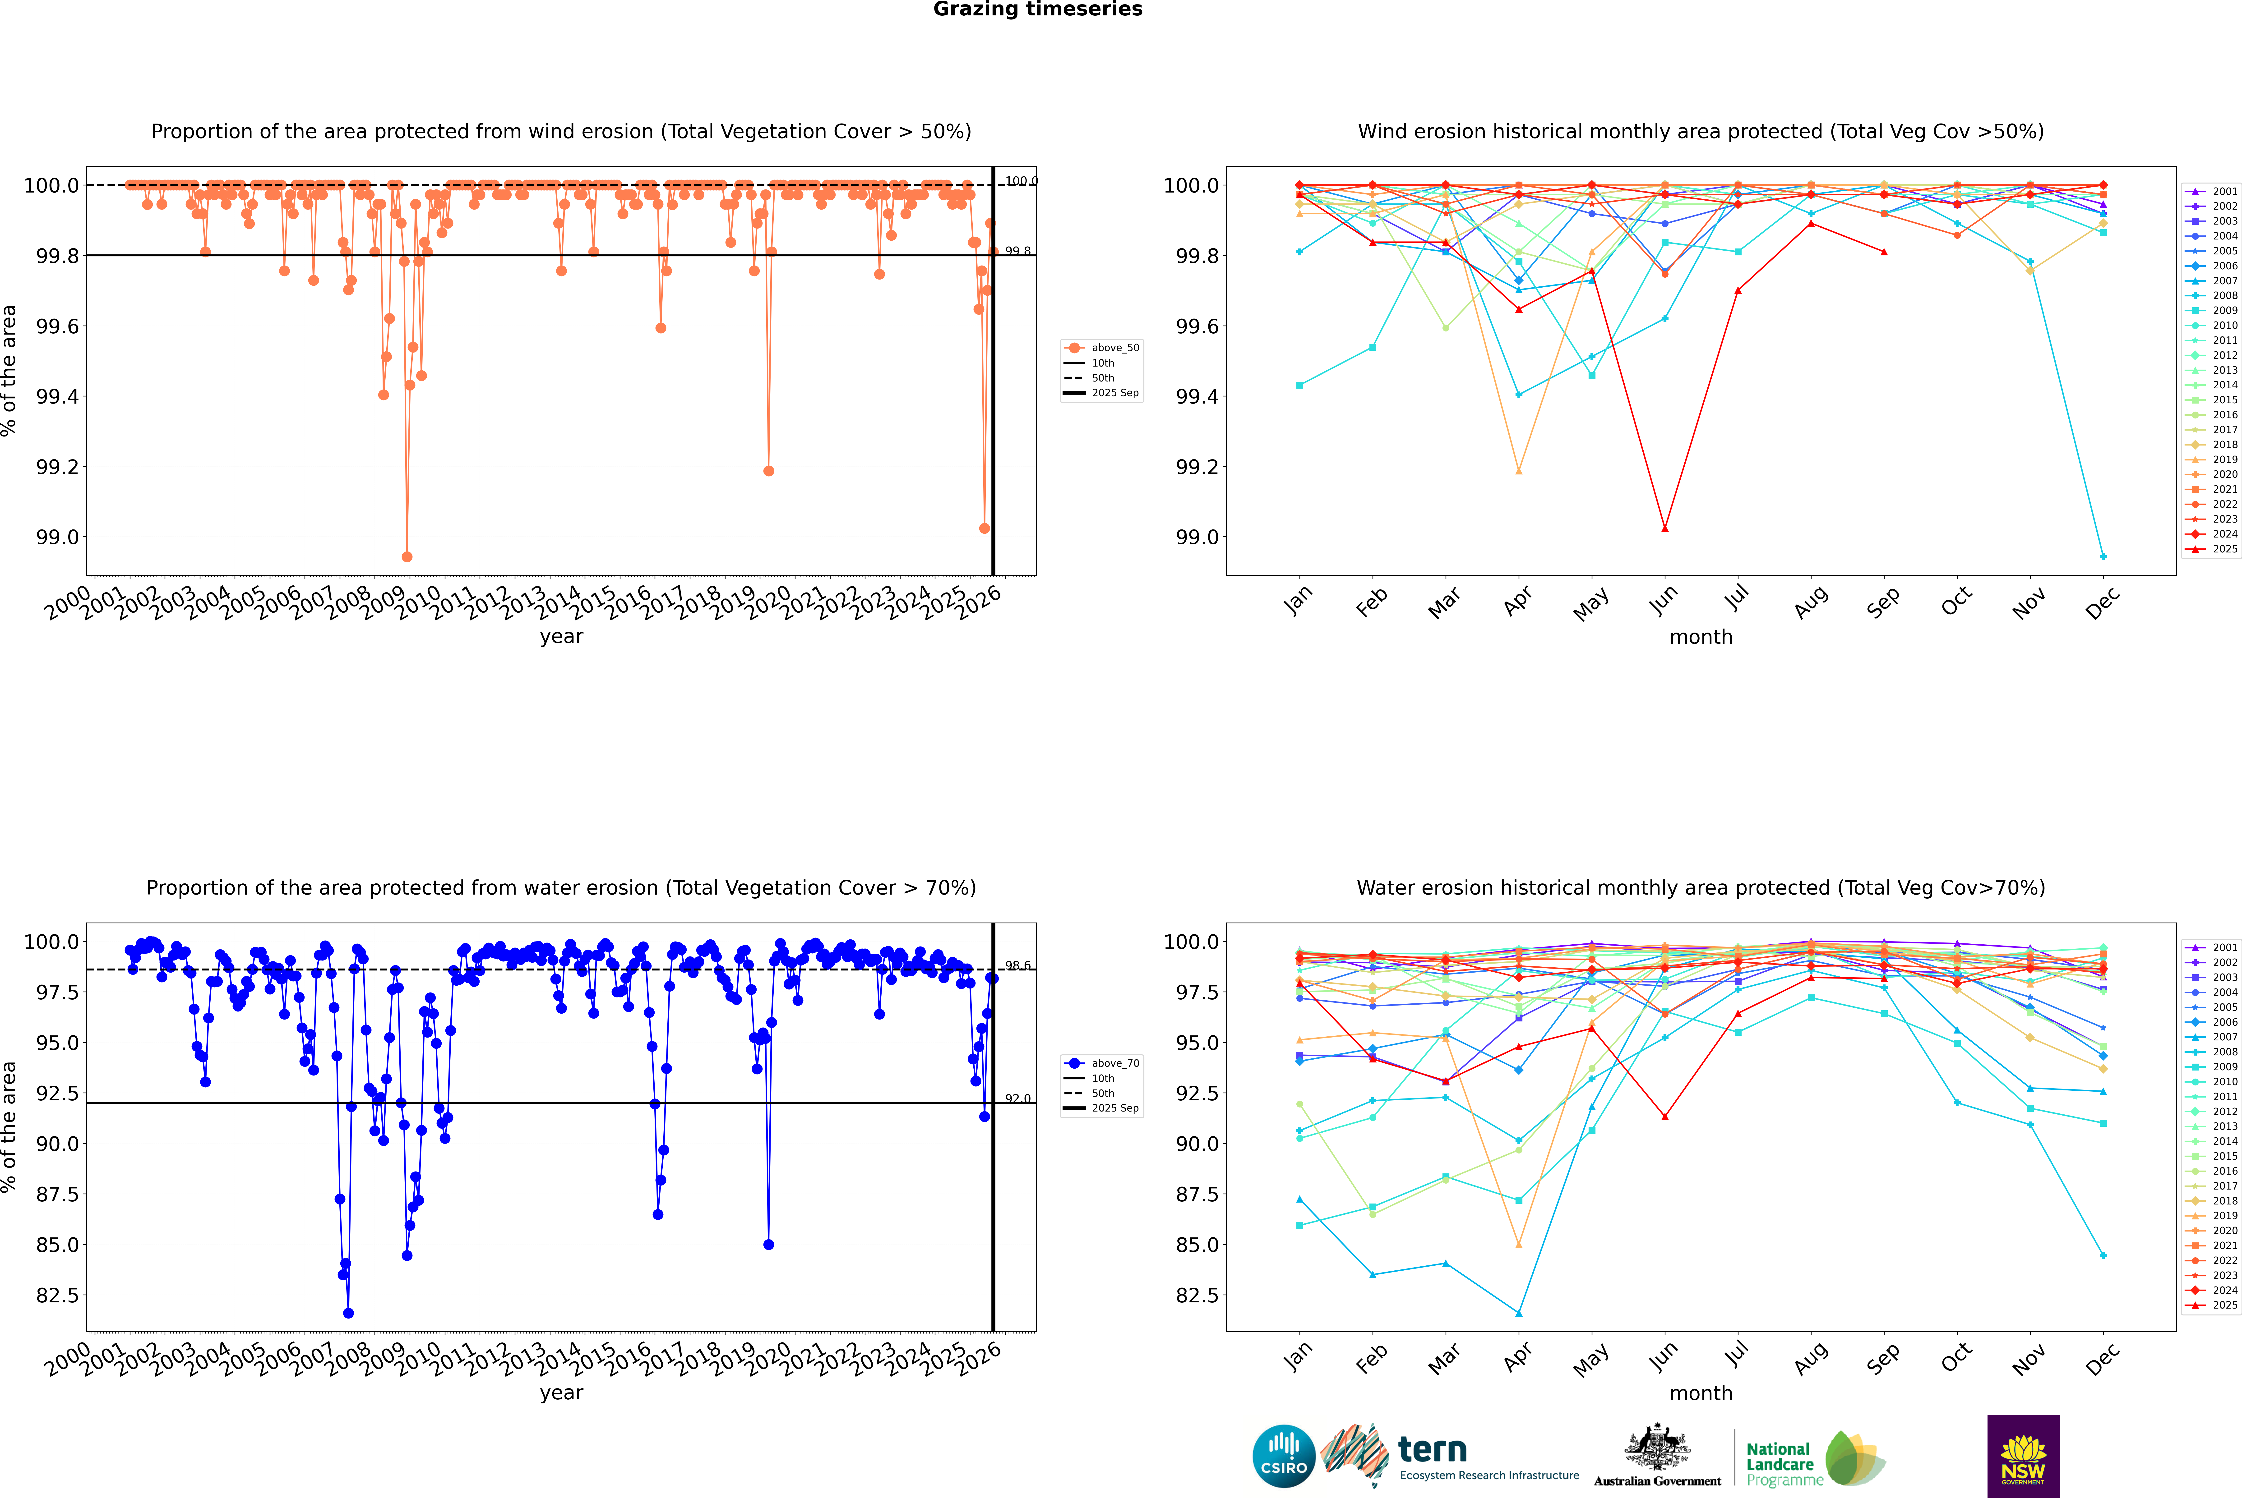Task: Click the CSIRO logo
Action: pyautogui.click(x=1284, y=1456)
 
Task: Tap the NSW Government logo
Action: pyautogui.click(x=2023, y=1456)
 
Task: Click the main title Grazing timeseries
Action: pyautogui.click(x=1038, y=9)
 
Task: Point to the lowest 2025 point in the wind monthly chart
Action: pyautogui.click(x=1665, y=528)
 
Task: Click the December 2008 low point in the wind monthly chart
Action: pyautogui.click(x=2103, y=556)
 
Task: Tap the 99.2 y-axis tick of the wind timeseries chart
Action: pyautogui.click(x=57, y=467)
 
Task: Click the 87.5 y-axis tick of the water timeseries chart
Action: pyautogui.click(x=57, y=1194)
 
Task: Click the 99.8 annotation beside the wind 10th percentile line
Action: pyautogui.click(x=1018, y=251)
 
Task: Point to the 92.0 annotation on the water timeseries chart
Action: pyautogui.click(x=1018, y=1100)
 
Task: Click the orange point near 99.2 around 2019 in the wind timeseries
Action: pyautogui.click(x=768, y=471)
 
